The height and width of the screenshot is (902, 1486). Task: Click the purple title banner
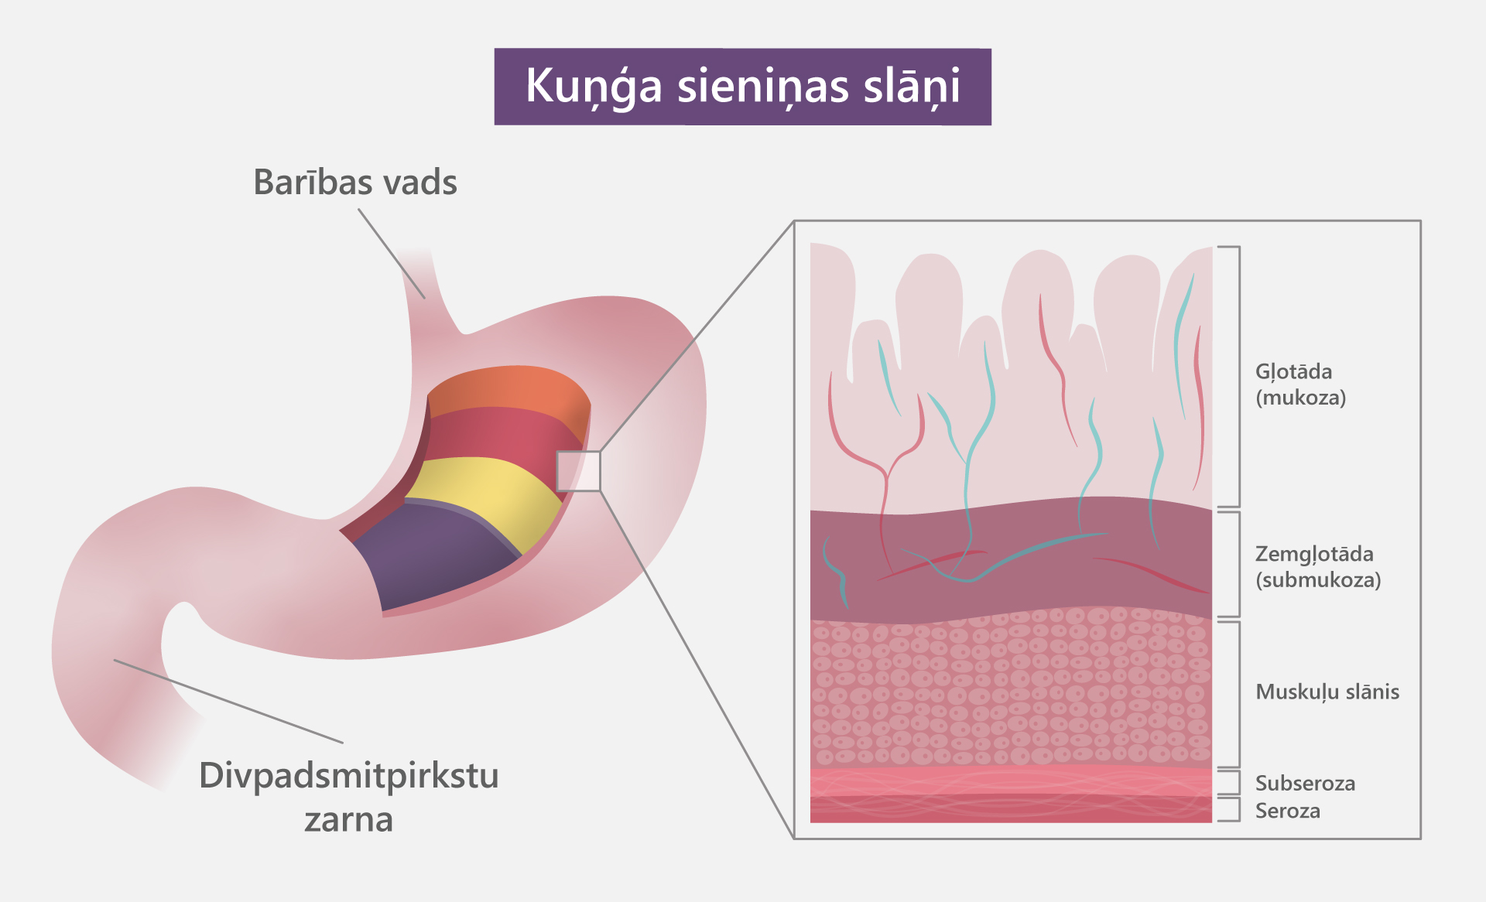click(742, 87)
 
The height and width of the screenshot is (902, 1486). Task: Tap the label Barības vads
click(355, 183)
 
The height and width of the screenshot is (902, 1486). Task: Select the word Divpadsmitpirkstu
click(348, 776)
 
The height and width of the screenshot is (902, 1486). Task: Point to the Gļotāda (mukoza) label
click(1300, 384)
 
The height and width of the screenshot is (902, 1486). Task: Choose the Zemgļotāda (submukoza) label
click(1317, 567)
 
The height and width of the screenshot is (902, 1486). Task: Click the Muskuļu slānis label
click(1327, 692)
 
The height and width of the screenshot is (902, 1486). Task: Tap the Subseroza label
click(1305, 784)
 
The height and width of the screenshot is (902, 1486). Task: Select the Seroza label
click(1287, 811)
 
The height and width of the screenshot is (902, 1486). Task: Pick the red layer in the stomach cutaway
click(495, 437)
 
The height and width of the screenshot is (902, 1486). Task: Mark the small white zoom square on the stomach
click(578, 470)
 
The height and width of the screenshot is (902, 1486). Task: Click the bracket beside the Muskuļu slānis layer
click(1238, 694)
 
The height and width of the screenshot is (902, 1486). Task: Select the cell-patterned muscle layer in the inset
click(1006, 688)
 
